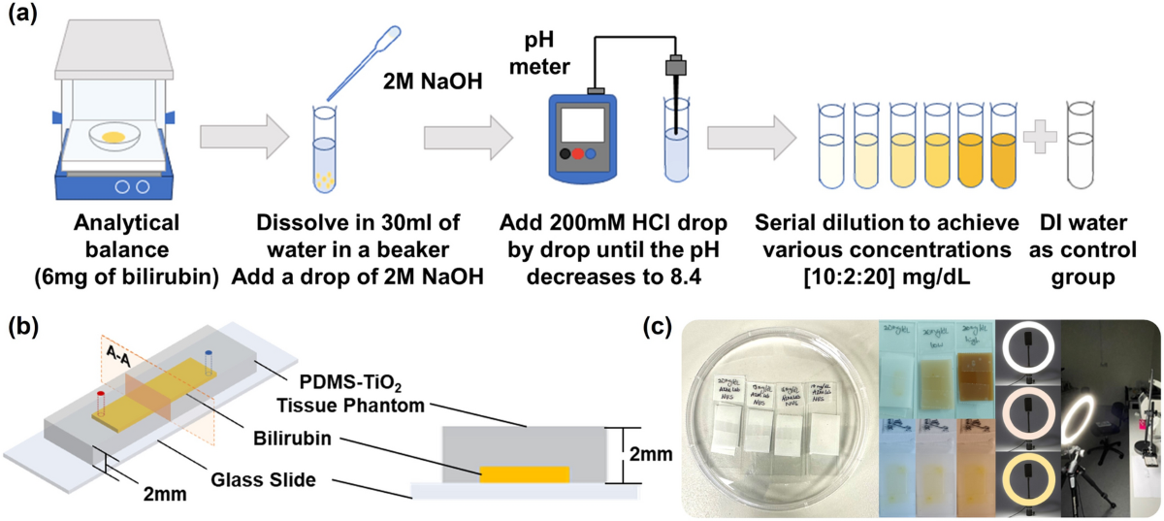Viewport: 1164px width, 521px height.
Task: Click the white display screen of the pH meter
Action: click(587, 121)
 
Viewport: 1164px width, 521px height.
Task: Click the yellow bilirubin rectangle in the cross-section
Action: click(526, 474)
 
